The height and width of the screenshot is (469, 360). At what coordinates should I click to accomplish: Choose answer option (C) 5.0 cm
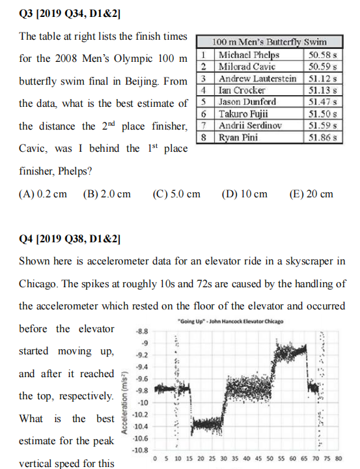pos(176,193)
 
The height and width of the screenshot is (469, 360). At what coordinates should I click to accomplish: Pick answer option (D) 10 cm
pos(244,193)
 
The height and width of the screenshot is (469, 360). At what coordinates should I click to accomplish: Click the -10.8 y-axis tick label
pos(140,450)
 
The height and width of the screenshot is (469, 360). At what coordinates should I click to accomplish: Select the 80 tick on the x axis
pos(338,459)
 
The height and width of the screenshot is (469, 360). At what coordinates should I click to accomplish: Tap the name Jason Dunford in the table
pos(247,102)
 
